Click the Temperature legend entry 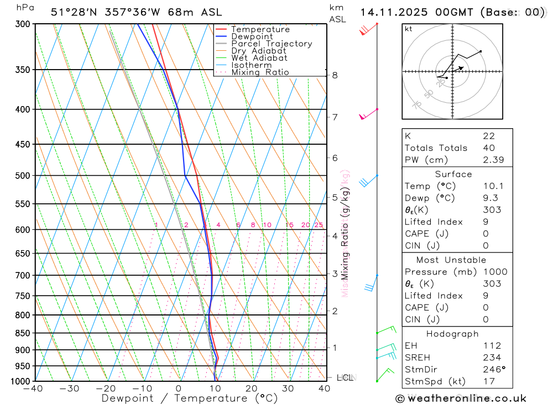260,29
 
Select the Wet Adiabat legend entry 259,58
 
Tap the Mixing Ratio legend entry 259,72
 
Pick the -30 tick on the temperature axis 69,388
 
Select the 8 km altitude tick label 335,75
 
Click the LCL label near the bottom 344,378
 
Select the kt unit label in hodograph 409,29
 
